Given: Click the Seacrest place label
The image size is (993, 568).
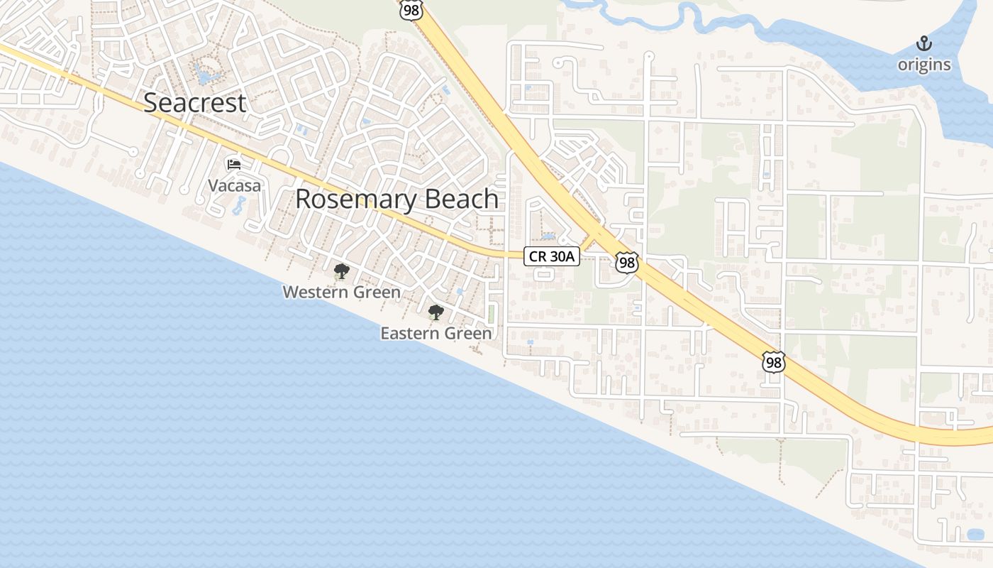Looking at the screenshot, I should coord(194,103).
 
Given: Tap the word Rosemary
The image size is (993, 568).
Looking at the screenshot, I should coord(347,200).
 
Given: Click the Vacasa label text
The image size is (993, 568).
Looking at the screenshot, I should coord(234,186).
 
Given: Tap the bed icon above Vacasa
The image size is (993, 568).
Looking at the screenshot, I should coord(234,165).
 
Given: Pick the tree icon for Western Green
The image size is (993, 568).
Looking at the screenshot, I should coord(341,271).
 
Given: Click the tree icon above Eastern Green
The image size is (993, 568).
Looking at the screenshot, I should coord(436,312).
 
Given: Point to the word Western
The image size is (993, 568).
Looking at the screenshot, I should coord(314,293).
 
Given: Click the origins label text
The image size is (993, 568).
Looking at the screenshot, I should coord(923,65).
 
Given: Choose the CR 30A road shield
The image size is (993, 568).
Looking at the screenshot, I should coord(552,256).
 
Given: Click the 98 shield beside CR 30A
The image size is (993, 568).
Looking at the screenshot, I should coord(626,263).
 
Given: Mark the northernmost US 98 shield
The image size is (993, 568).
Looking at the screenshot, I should coord(411,9).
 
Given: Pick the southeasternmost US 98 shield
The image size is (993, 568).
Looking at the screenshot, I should coord(774,362).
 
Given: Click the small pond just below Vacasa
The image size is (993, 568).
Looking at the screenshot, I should coord(238,207).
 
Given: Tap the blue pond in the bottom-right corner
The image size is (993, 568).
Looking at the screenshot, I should coord(975,535).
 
